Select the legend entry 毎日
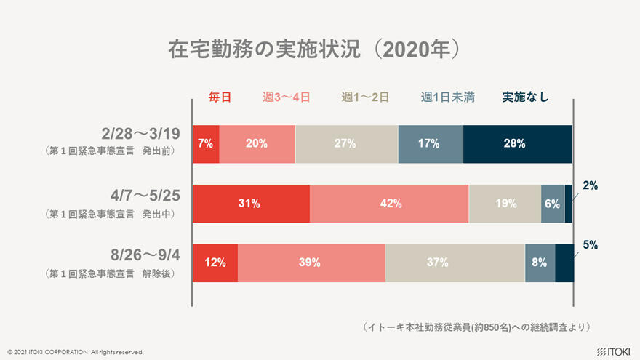point(220,97)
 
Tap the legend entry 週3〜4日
point(287,97)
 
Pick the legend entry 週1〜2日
point(365,97)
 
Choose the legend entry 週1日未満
point(447,97)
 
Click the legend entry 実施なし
point(525,97)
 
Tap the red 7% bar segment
point(206,143)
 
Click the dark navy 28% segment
point(517,143)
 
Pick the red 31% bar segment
point(250,204)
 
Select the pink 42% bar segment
point(390,204)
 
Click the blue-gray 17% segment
point(430,143)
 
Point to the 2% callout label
point(590,185)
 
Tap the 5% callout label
point(590,245)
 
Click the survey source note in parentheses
point(476,327)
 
